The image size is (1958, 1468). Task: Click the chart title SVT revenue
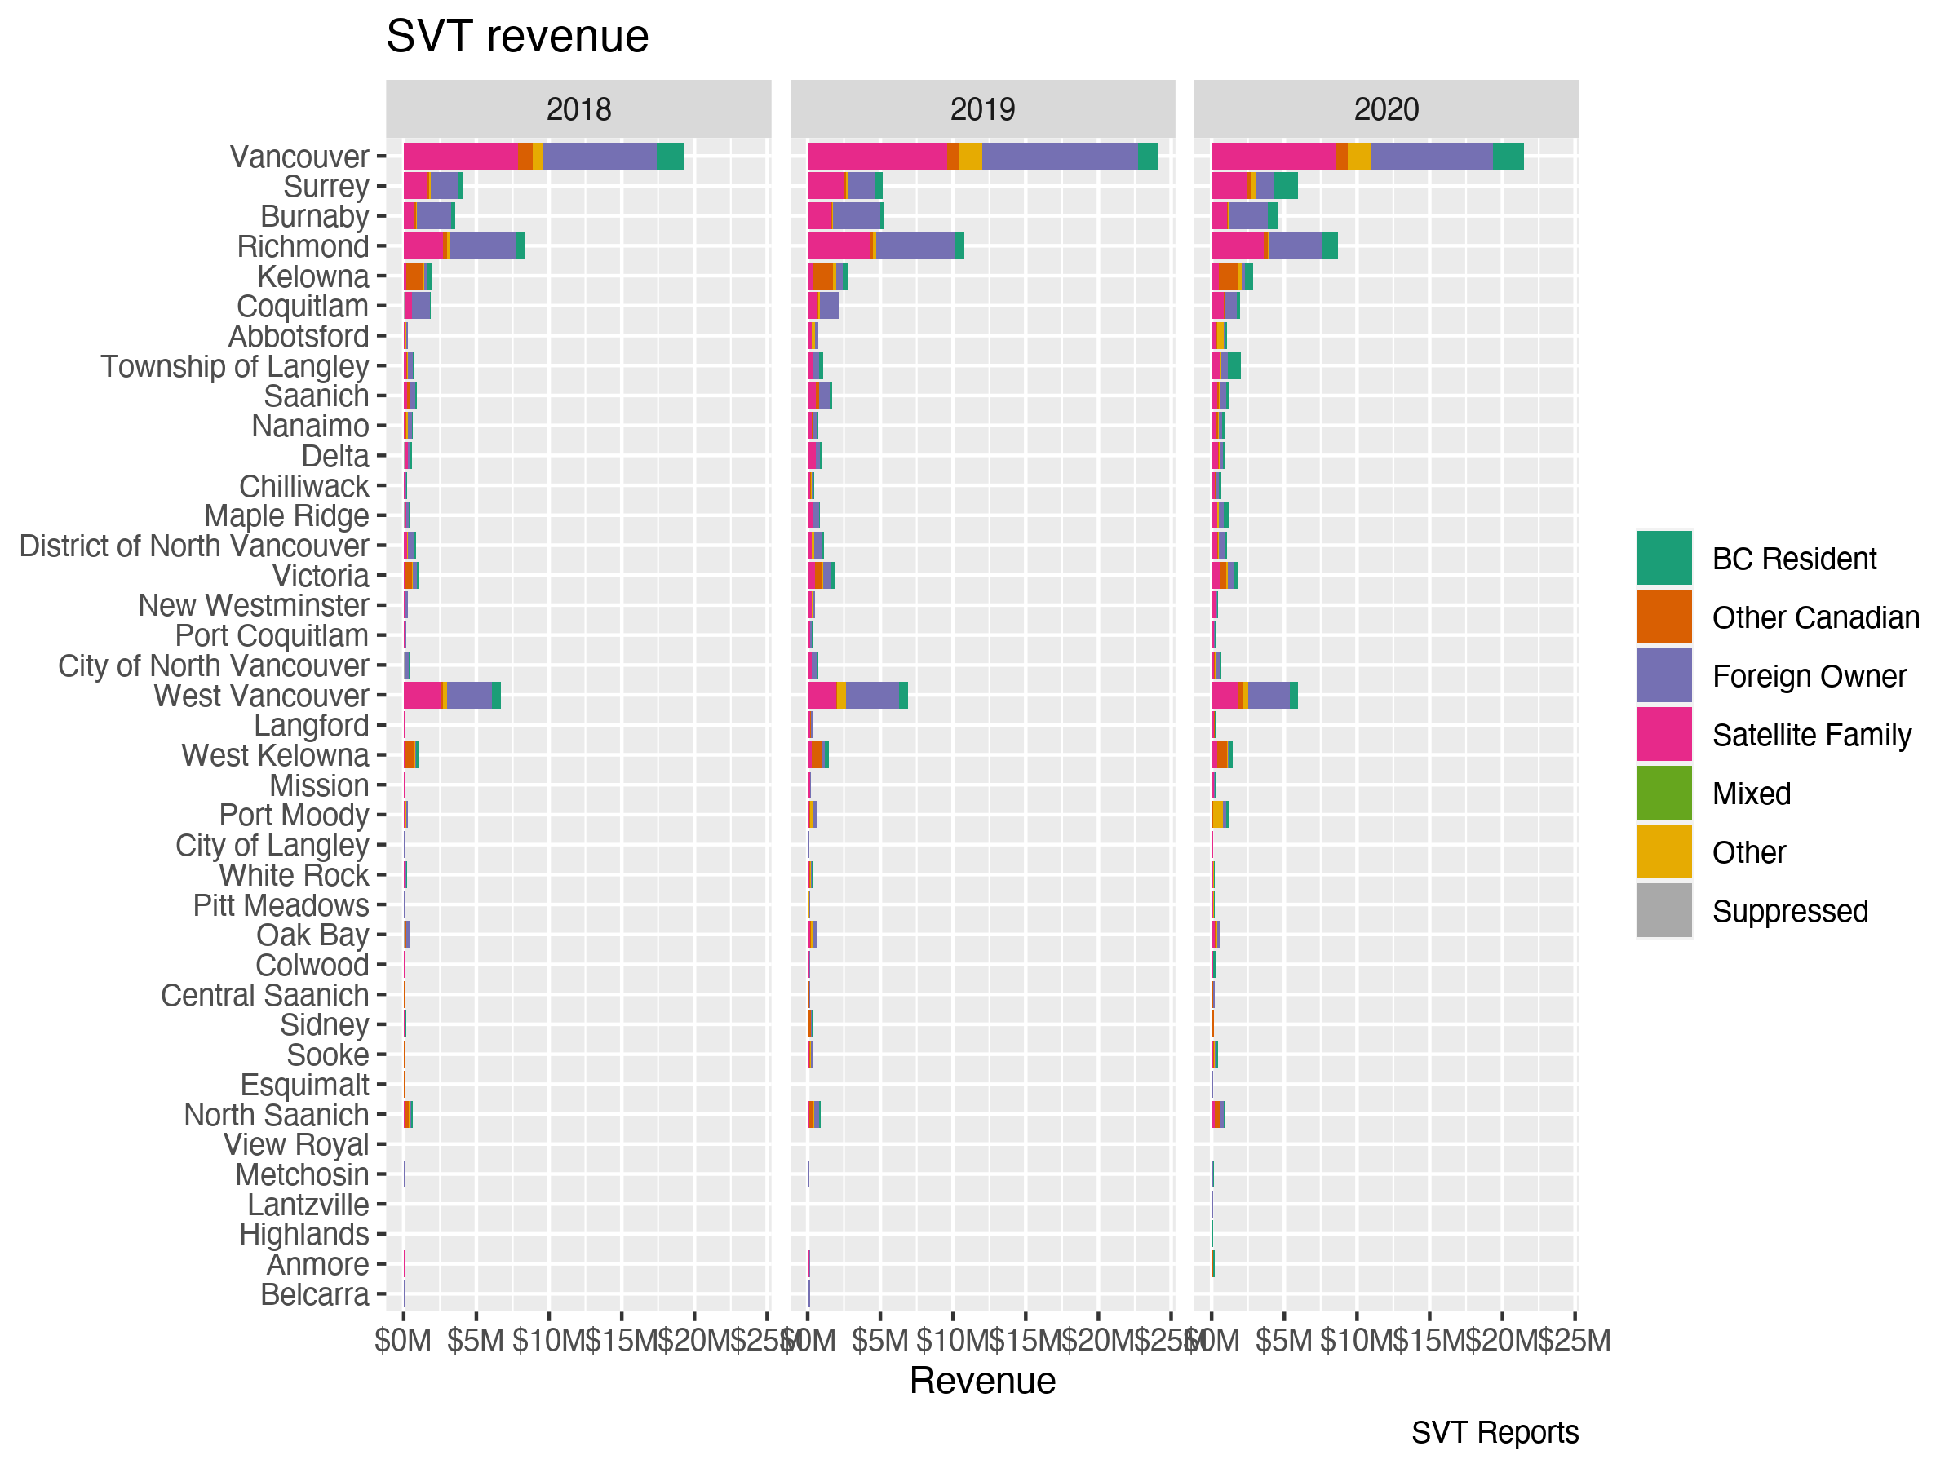point(517,38)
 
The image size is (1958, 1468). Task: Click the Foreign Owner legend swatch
point(1663,676)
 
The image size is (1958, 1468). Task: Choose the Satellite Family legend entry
point(1811,736)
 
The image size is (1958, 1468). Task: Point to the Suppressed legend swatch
point(1663,910)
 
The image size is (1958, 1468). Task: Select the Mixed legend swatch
point(1663,794)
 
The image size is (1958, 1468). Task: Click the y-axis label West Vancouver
point(261,696)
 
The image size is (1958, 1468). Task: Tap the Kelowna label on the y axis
point(312,277)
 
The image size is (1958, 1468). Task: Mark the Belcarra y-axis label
point(314,1294)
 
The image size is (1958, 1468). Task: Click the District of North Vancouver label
point(194,546)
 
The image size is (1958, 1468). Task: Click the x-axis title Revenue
point(981,1382)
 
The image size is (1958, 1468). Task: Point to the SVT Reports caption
point(1494,1433)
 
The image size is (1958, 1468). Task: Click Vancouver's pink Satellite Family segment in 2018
point(460,156)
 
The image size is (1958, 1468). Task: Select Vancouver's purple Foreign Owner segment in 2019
point(1059,156)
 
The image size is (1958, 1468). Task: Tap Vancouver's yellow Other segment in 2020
point(1358,156)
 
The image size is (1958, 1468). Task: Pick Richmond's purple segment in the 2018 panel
point(481,246)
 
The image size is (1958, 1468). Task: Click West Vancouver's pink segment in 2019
point(822,696)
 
